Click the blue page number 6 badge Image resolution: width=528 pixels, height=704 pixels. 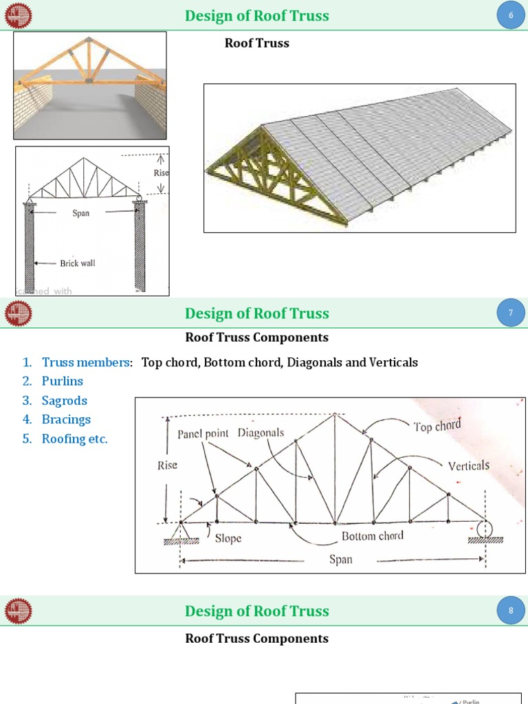(x=511, y=15)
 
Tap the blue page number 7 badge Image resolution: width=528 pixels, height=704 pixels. (x=511, y=313)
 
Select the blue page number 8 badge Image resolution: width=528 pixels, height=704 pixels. (x=511, y=610)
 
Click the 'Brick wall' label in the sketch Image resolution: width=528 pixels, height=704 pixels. (x=77, y=263)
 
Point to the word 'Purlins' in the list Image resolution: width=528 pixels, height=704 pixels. (x=62, y=381)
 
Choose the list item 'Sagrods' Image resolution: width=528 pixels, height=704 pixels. (x=64, y=400)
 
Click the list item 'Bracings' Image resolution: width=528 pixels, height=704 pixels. (x=66, y=419)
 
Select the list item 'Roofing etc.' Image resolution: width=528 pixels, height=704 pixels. (x=74, y=439)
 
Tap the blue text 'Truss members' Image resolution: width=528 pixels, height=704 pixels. (x=86, y=362)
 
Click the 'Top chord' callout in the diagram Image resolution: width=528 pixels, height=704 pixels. (x=437, y=426)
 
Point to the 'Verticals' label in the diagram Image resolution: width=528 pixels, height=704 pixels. (x=469, y=465)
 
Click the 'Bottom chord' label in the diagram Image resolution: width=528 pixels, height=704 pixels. (x=373, y=536)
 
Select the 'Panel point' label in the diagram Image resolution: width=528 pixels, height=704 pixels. (x=204, y=434)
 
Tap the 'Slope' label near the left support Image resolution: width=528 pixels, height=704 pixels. (x=228, y=538)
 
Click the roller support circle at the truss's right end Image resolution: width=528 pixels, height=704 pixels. (x=485, y=529)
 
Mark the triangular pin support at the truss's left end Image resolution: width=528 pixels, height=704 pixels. (x=181, y=531)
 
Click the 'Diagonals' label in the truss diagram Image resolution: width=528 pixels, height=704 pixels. (x=261, y=433)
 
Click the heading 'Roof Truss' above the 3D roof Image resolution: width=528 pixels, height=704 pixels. (x=257, y=43)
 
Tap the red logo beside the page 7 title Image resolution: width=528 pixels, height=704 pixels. (x=19, y=313)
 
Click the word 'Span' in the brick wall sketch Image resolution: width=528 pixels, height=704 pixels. (x=81, y=213)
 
